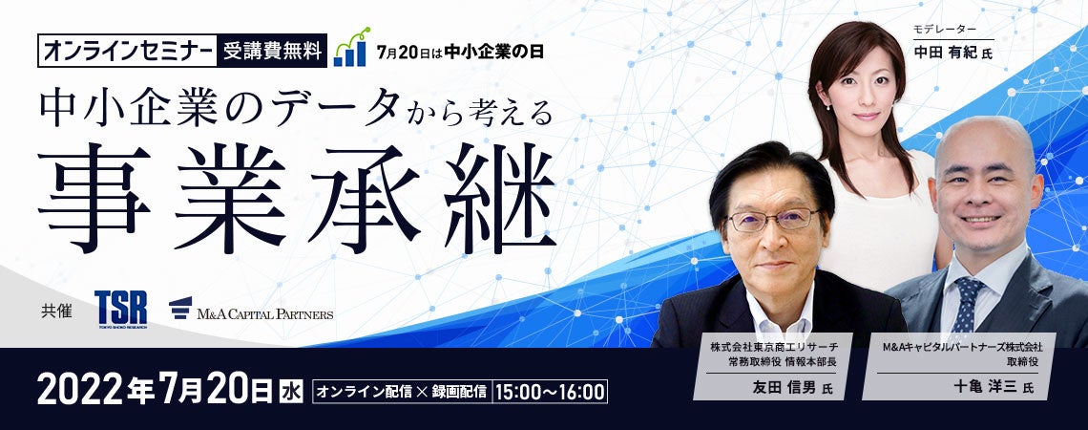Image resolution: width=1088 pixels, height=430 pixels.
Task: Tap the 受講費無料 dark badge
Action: pyautogui.click(x=272, y=51)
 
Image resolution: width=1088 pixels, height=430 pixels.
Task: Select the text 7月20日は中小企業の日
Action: pyautogui.click(x=460, y=52)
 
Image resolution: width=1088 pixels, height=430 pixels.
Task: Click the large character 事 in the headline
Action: pyautogui.click(x=94, y=198)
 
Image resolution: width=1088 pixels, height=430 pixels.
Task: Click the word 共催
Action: pyautogui.click(x=57, y=312)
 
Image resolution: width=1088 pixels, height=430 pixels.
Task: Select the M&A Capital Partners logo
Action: pyautogui.click(x=251, y=310)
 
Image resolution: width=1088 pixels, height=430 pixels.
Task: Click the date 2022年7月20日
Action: pyautogui.click(x=156, y=389)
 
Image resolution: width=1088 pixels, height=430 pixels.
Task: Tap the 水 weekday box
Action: pyautogui.click(x=291, y=391)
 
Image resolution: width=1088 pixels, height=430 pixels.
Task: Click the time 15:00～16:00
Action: pyautogui.click(x=551, y=391)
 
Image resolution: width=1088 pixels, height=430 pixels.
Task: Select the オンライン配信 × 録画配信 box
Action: pyautogui.click(x=403, y=391)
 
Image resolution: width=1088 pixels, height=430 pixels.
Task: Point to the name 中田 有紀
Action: pyautogui.click(x=945, y=53)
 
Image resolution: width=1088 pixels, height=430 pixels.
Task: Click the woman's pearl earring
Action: pyautogui.click(x=828, y=107)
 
